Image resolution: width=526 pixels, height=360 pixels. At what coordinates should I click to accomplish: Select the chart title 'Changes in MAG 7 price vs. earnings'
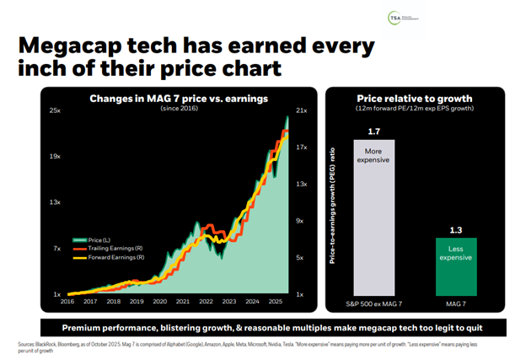point(179,99)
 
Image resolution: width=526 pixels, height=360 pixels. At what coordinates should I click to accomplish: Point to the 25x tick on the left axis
point(55,111)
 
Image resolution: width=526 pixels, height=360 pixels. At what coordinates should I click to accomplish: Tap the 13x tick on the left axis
point(55,202)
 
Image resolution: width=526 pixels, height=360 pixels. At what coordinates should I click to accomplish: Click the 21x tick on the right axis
point(300,111)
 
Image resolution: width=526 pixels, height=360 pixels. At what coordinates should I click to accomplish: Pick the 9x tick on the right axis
point(299,221)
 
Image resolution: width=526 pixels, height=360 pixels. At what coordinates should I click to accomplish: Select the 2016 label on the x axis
point(67,301)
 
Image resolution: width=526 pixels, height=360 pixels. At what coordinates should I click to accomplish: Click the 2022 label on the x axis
point(206,301)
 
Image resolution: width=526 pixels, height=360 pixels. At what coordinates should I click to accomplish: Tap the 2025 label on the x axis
point(275,301)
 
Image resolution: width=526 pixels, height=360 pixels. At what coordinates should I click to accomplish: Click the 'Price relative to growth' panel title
point(415,98)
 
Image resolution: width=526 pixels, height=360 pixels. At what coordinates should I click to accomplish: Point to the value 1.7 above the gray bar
point(374,131)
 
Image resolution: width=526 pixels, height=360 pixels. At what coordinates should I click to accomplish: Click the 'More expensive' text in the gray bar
point(374,158)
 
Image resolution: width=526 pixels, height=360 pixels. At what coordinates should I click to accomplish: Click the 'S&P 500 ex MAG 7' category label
point(374,302)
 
